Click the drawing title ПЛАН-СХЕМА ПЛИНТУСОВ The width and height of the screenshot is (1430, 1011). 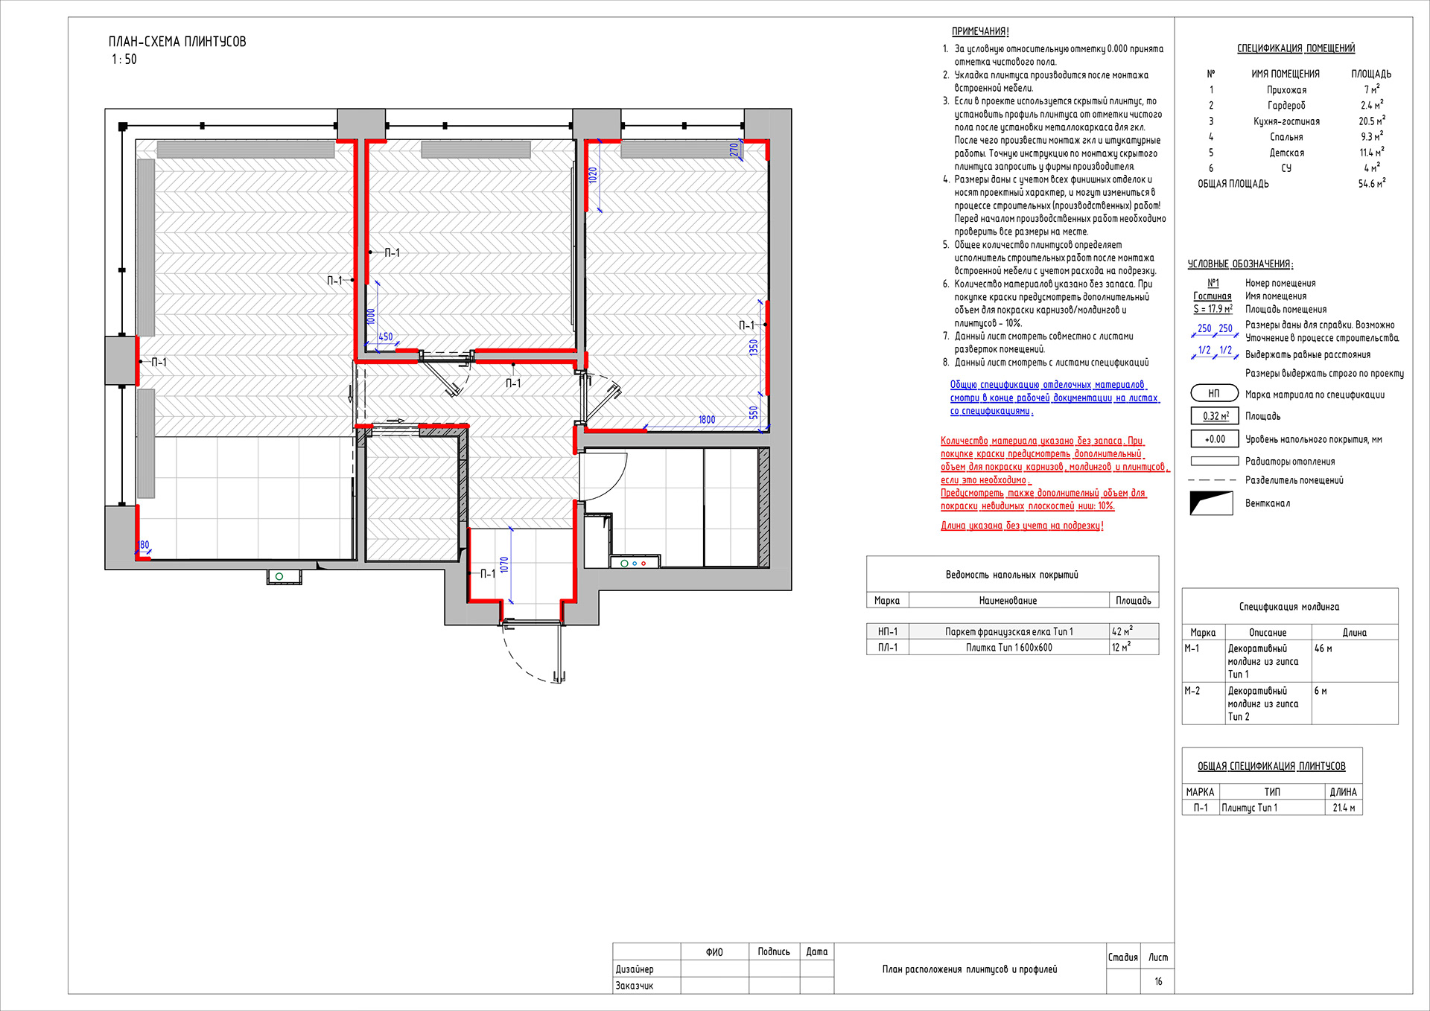tap(177, 42)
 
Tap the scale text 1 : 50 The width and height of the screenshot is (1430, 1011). tap(124, 60)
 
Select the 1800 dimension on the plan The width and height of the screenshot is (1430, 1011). tap(707, 420)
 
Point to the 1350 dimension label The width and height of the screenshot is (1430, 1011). tap(754, 348)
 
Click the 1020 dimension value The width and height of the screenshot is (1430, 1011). tap(593, 176)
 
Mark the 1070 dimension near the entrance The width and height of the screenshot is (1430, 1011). tap(504, 565)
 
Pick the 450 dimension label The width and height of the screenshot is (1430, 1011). tap(385, 337)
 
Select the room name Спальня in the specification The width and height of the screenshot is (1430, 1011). tap(1286, 137)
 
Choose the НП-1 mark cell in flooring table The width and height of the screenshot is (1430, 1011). tap(888, 631)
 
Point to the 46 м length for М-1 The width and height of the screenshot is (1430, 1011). tap(1323, 648)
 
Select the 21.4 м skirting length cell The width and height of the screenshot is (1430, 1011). tap(1344, 808)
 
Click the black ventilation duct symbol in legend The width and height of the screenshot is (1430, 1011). tap(1211, 503)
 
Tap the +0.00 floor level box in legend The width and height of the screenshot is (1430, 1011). tap(1215, 439)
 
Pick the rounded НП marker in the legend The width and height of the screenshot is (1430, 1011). tap(1214, 393)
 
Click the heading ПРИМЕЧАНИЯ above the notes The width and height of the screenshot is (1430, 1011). tap(980, 31)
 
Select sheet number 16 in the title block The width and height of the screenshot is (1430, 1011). tap(1158, 981)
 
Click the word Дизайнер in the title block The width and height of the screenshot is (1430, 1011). tap(635, 969)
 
